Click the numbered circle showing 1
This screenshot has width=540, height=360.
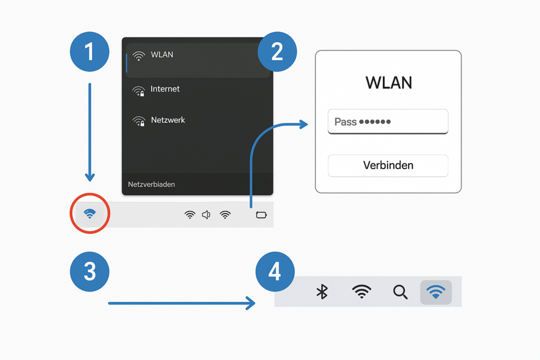90,52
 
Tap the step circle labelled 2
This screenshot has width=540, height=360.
277,52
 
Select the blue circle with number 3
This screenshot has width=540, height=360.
90,272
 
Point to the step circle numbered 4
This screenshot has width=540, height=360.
275,272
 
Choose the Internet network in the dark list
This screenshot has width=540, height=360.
165,90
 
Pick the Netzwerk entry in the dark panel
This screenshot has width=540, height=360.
167,120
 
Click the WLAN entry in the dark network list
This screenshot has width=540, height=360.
161,55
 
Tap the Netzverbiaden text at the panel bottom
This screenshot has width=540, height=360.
151,184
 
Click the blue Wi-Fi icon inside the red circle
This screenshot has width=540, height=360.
90,213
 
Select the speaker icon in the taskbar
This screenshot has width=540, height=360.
206,215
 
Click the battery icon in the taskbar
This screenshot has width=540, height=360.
262,215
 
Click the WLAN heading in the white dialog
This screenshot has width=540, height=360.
389,83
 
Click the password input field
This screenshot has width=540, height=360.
388,122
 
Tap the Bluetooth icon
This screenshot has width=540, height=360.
322,291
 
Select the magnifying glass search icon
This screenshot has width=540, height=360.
401,291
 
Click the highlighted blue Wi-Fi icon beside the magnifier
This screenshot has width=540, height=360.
436,291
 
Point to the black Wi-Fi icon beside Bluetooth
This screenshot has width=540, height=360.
361,291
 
